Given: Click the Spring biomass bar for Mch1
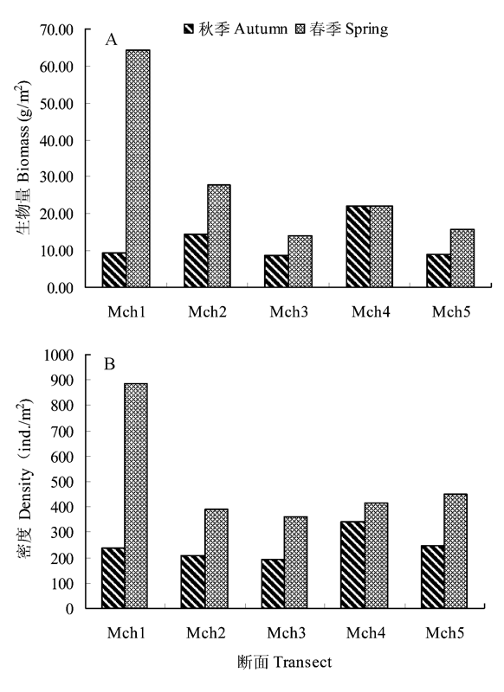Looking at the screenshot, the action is tap(138, 169).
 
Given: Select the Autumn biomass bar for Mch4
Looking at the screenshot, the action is tap(359, 247).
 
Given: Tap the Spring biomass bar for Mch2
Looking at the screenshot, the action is tap(219, 236).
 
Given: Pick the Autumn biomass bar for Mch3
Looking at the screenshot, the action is tap(276, 272).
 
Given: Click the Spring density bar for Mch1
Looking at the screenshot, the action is tap(136, 496).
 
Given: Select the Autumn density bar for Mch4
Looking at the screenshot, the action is tap(352, 565).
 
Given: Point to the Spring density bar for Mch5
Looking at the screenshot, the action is tap(456, 551).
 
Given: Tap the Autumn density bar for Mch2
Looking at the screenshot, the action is tap(192, 582).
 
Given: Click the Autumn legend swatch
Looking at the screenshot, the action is tap(189, 29).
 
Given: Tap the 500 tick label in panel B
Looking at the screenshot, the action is tap(62, 482).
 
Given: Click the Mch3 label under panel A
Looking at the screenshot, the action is tap(289, 312).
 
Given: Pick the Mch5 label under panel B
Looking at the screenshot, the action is tap(445, 633).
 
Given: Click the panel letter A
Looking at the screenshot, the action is tap(112, 40).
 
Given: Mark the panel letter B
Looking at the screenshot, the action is tap(109, 364).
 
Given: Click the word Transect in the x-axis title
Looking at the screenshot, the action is tap(302, 663).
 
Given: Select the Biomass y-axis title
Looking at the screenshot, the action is tap(23, 157).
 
